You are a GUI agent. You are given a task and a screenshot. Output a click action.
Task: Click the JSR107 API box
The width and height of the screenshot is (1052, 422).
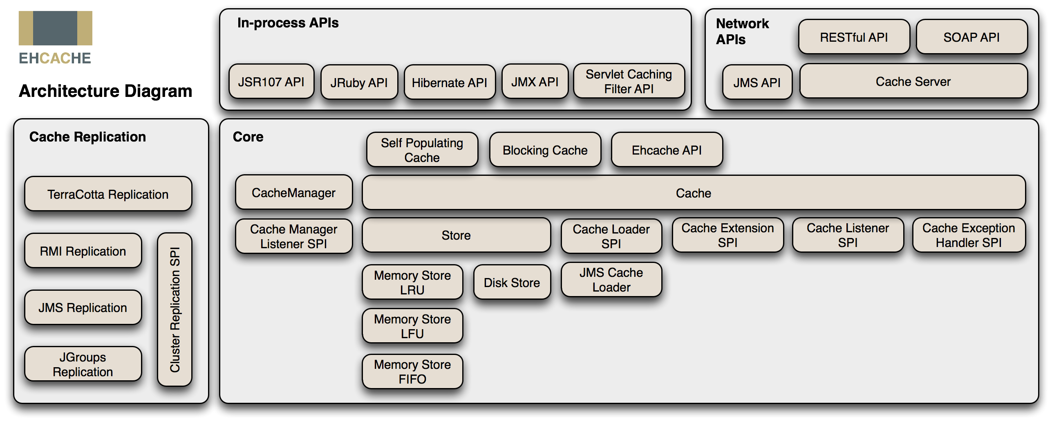pos(271,82)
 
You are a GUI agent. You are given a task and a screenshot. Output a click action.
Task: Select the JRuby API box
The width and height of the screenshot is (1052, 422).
pos(359,83)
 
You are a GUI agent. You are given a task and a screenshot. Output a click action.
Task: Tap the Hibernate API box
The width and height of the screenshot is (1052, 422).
pos(449,83)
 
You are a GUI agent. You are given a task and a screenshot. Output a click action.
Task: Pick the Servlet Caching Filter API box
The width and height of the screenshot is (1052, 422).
pos(629,81)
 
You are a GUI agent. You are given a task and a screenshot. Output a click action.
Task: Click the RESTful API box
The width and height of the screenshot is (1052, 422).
pos(854,37)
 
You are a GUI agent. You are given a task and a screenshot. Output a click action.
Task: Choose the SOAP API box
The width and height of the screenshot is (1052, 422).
pos(971,37)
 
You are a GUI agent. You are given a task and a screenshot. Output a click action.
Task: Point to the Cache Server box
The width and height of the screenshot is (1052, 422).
pos(913,81)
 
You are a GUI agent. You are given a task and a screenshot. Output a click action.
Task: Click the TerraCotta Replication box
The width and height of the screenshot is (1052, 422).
pos(108,194)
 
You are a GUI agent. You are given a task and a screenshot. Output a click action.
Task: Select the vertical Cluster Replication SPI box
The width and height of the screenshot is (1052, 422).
pos(175,310)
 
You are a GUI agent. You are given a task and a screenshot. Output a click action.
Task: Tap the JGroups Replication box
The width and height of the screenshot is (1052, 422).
pos(83,364)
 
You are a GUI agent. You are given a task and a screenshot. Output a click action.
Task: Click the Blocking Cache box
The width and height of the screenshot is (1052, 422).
pos(545,150)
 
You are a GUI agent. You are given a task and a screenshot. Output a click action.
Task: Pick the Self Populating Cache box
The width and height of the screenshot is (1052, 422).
pos(422,150)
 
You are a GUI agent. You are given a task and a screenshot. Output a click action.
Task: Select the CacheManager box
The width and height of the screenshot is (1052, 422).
pos(293,193)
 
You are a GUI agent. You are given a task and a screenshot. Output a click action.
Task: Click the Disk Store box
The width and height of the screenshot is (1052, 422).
pos(512,282)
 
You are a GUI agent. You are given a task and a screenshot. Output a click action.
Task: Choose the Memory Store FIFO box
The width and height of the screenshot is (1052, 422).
pos(412,371)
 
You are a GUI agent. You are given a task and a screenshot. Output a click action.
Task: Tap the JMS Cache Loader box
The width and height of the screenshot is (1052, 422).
pos(611,280)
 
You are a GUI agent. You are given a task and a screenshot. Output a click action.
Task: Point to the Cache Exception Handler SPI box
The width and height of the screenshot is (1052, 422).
pos(968,235)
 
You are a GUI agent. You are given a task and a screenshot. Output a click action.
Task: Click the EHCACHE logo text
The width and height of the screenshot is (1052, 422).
pos(55,58)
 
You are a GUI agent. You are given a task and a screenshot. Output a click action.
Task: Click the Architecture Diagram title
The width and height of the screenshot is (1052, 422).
pos(105,91)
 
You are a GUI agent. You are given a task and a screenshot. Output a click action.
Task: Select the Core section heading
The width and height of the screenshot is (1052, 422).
pos(248,137)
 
